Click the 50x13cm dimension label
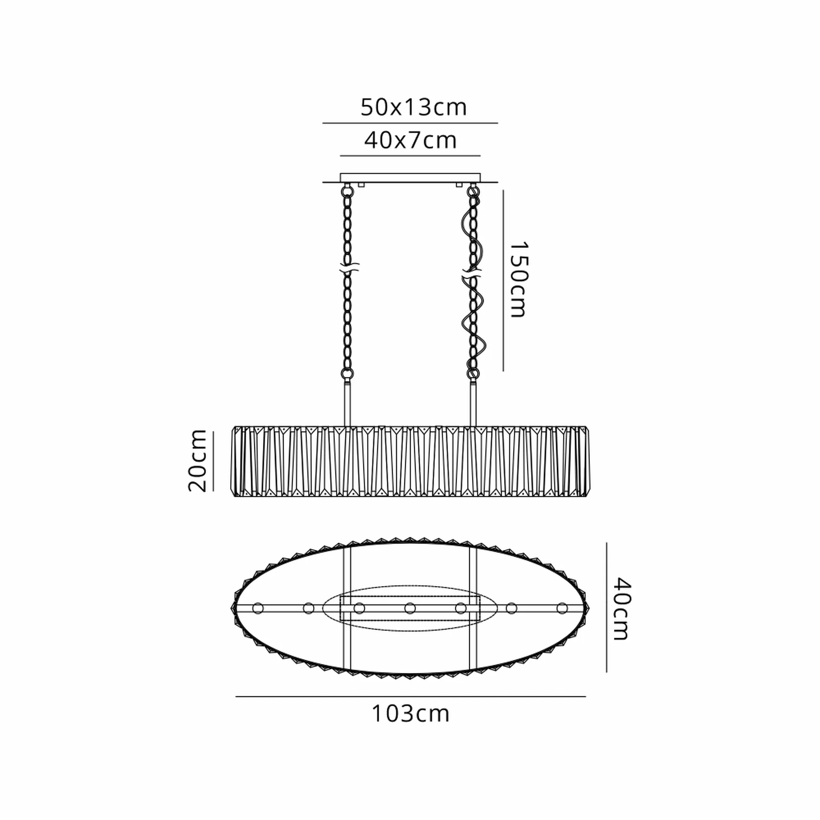[x=414, y=107]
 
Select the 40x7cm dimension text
[x=410, y=140]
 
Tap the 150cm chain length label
[x=519, y=279]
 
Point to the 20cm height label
[x=197, y=461]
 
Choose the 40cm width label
[x=621, y=609]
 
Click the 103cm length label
[x=410, y=714]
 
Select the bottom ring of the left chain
[x=347, y=373]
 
